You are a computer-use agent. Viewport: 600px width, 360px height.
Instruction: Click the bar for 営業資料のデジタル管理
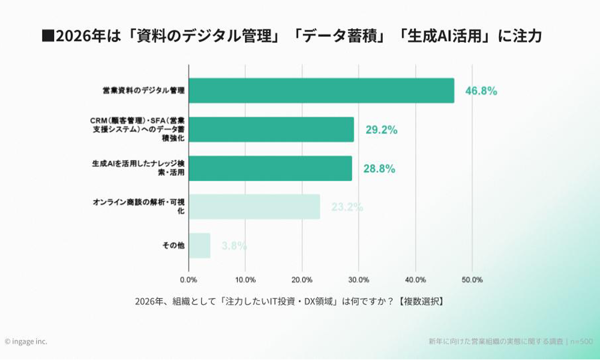coord(321,91)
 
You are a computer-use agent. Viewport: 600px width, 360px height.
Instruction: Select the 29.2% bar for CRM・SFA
coord(271,130)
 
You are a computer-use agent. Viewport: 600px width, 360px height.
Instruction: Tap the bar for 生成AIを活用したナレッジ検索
coord(270,169)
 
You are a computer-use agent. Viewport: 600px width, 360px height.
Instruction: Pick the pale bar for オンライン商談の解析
coord(254,207)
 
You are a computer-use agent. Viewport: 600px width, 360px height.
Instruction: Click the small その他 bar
coord(199,245)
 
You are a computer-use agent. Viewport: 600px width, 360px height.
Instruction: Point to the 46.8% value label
coord(481,91)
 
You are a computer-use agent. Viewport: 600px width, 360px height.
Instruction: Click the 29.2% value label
coord(382,130)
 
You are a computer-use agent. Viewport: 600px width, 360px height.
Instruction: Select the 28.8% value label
coord(379,169)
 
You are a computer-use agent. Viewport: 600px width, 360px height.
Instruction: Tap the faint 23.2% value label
coord(347,208)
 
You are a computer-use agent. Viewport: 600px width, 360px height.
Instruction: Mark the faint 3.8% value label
coord(234,246)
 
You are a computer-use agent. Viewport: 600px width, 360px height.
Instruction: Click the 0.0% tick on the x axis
coord(188,280)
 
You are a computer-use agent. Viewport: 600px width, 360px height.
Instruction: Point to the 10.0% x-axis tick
coord(245,280)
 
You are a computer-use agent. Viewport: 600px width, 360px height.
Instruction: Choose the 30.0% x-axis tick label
coord(359,280)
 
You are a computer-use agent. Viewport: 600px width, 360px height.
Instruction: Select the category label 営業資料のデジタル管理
coord(143,91)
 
